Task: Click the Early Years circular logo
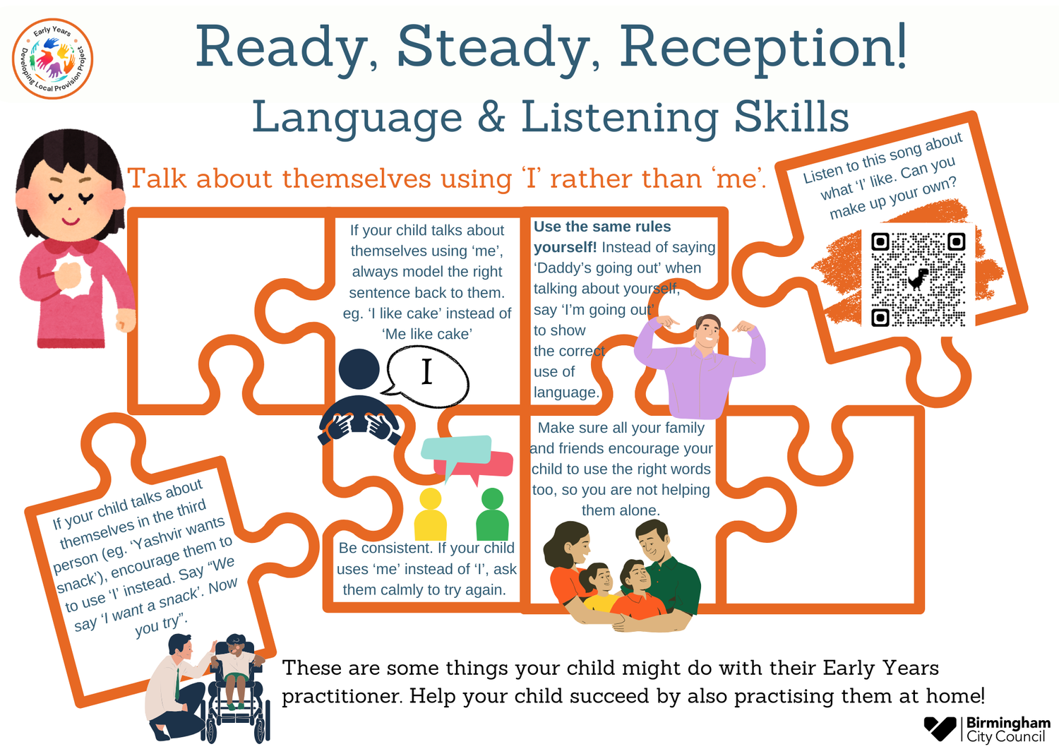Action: pos(53,59)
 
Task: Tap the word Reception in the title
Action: pos(762,48)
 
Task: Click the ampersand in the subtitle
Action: pos(491,116)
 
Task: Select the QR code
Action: pos(918,279)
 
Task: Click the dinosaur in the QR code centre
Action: pos(919,279)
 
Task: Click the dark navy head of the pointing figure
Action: pos(359,369)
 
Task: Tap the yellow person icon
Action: pos(430,515)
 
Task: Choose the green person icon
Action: pos(492,515)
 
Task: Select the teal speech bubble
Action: pos(455,449)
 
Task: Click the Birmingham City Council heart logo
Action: pos(940,728)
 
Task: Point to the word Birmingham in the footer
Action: pos(1008,723)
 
